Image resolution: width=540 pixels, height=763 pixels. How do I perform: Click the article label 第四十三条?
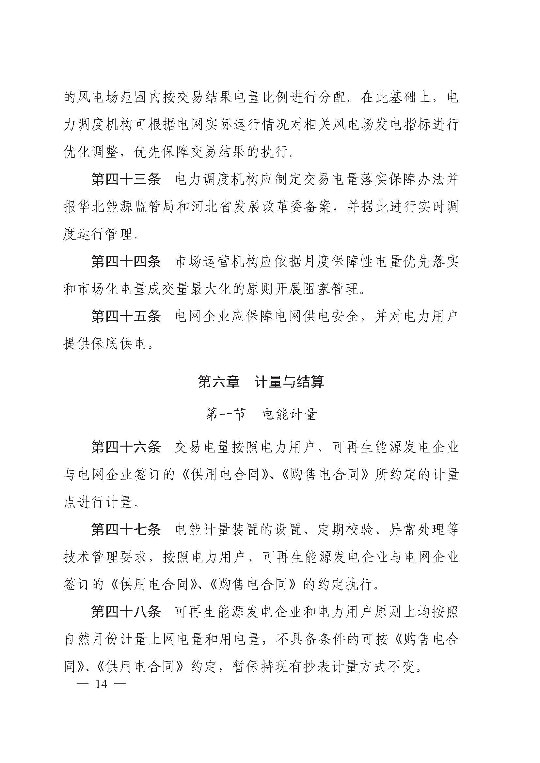[x=126, y=180]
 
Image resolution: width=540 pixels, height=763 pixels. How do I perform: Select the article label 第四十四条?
[x=126, y=262]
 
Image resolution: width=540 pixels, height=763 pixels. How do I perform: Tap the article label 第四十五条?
[x=126, y=316]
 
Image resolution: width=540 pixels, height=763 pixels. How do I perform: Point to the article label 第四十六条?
[x=126, y=447]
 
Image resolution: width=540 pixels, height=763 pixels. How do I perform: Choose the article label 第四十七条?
[x=126, y=529]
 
